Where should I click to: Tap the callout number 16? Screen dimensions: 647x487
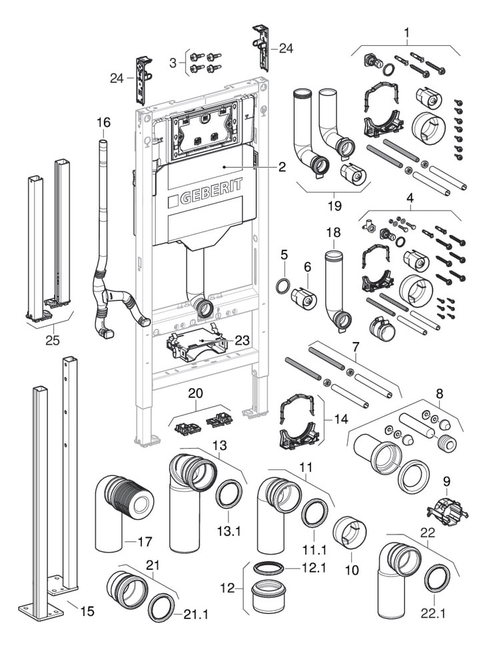pos(103,122)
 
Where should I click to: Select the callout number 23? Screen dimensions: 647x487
pos(242,339)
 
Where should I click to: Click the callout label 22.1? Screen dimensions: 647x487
pos(434,613)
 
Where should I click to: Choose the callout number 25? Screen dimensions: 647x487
pos(52,339)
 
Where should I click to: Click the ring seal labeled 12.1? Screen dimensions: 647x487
pos(268,567)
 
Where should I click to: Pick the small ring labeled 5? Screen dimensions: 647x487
pos(283,287)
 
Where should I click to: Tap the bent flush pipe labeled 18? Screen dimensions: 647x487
pos(337,293)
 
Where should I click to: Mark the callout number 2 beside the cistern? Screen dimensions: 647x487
pos(282,167)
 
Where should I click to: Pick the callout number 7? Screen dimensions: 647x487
pos(356,347)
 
